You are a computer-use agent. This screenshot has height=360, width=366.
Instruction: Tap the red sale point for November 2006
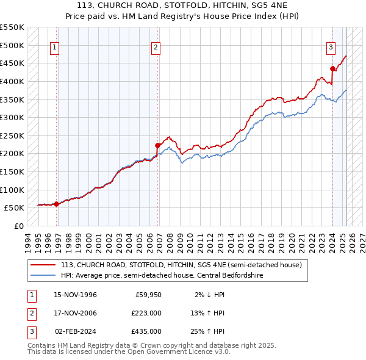coord(157,145)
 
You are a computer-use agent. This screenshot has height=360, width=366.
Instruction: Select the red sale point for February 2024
coord(332,68)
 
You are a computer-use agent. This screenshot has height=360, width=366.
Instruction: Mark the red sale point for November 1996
coord(56,204)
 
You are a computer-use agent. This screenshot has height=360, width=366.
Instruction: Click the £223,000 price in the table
coord(147,314)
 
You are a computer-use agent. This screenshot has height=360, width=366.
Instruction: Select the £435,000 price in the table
coord(147,331)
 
